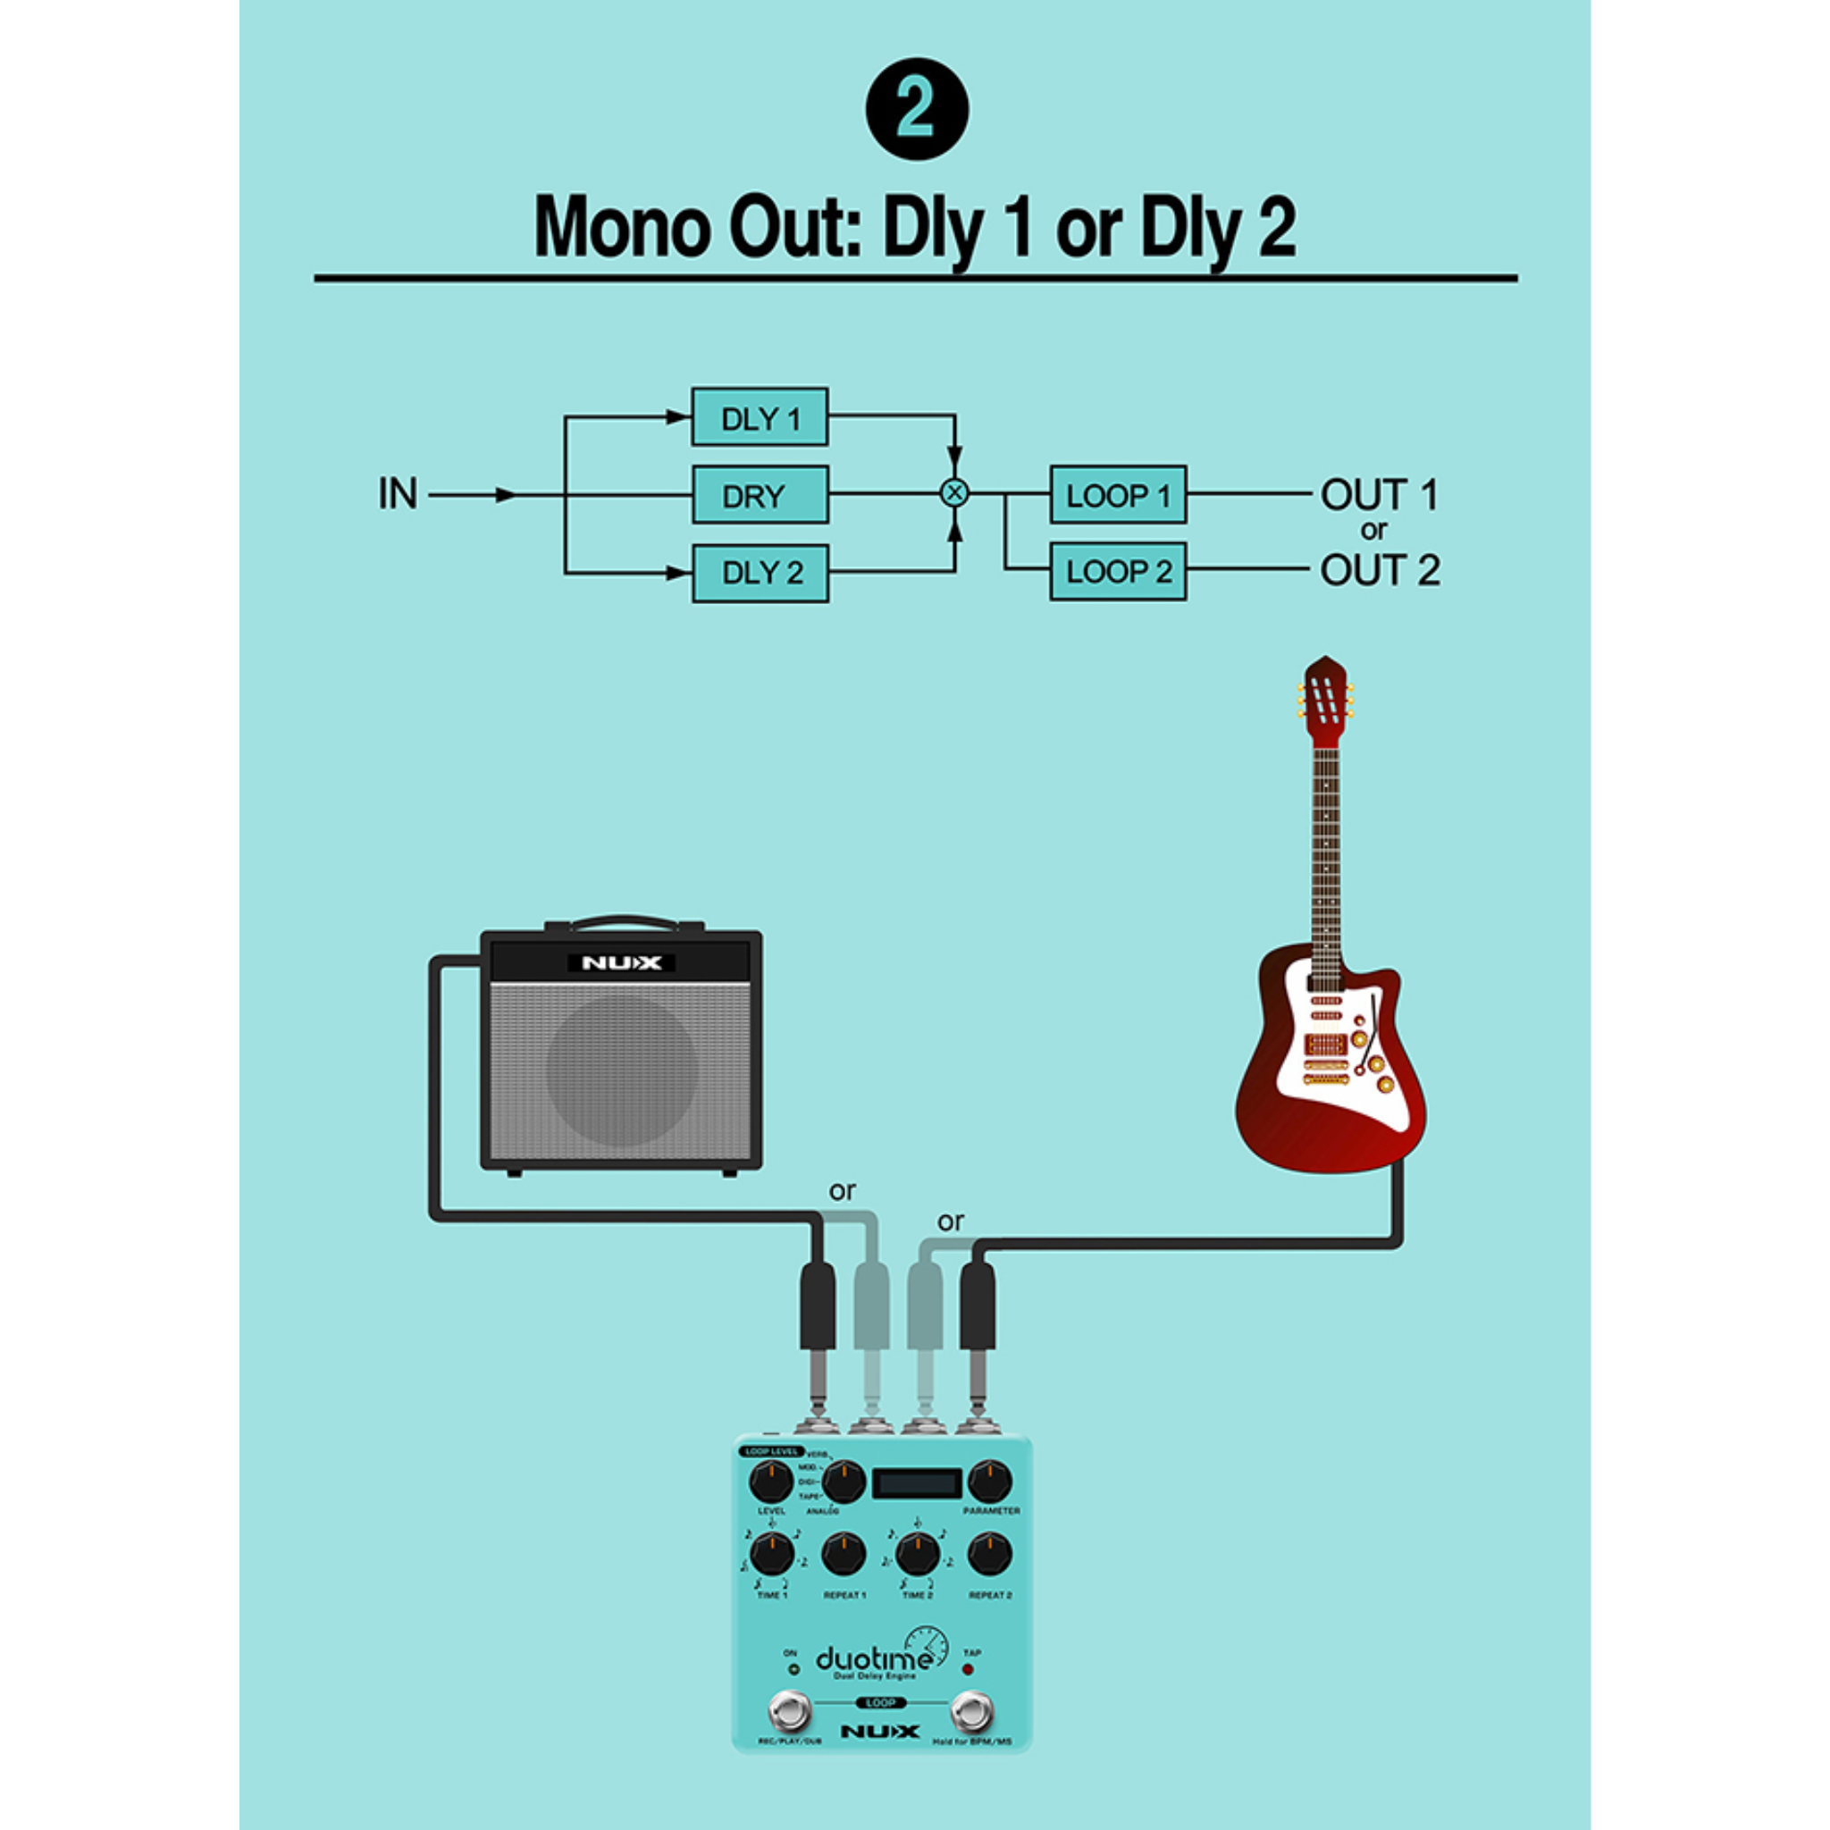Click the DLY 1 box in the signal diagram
[760, 416]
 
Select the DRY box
[760, 494]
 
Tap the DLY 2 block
[760, 573]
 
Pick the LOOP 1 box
[1118, 494]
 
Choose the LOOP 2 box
[1118, 571]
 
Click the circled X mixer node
[953, 493]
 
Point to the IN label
[397, 493]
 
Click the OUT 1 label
[1379, 494]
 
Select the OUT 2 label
[1379, 570]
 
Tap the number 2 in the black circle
[916, 109]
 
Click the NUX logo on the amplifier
[620, 963]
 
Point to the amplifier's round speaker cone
[621, 1069]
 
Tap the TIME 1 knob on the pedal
[772, 1553]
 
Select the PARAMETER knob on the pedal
[990, 1480]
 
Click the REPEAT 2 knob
[990, 1553]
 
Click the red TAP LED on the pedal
[968, 1668]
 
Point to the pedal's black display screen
[916, 1482]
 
